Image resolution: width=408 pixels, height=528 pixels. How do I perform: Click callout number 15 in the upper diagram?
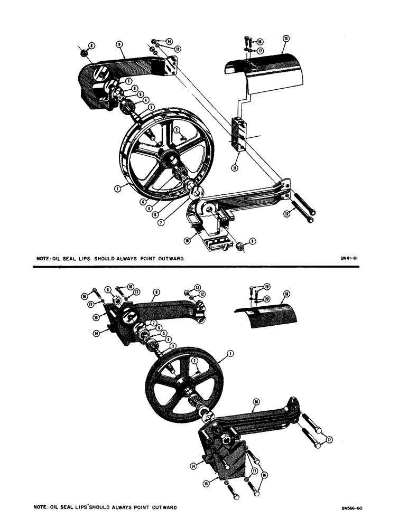[x=286, y=39]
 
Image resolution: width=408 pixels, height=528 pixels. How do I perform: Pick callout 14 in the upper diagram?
[x=170, y=41]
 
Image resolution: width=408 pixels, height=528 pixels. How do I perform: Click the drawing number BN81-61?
[x=350, y=259]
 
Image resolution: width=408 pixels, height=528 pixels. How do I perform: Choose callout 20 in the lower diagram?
[x=267, y=298]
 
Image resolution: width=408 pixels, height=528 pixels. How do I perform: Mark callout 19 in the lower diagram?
[x=267, y=287]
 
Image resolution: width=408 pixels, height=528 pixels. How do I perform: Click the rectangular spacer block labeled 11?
[x=238, y=135]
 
